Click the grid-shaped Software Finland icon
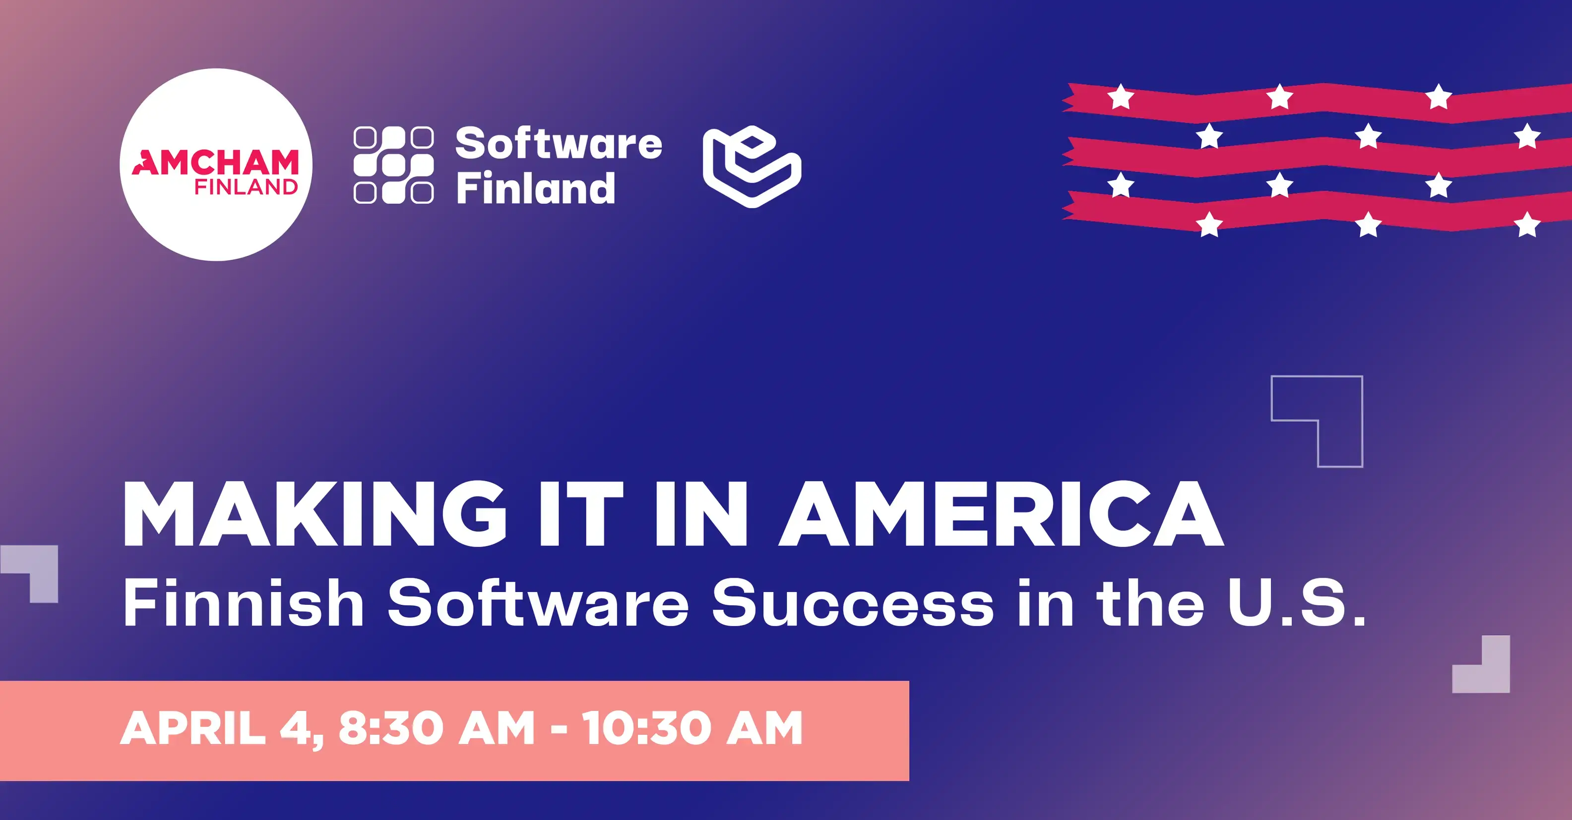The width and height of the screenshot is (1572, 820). (393, 165)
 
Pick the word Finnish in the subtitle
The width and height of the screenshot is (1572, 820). (244, 602)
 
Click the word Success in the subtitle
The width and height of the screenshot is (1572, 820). (853, 602)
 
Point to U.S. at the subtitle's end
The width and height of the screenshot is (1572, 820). (1296, 602)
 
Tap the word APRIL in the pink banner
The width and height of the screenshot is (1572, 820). (193, 728)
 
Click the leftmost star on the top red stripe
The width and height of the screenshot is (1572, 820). (1121, 96)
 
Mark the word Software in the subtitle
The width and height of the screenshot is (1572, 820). (538, 602)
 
